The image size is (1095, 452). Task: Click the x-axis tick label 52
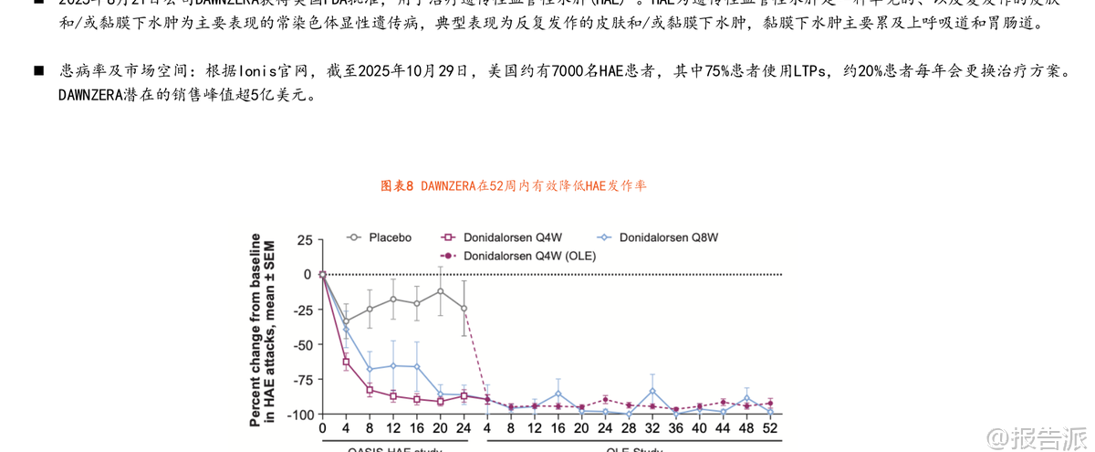tap(770, 428)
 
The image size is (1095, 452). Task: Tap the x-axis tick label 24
tap(464, 428)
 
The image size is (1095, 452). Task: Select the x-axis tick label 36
tap(675, 428)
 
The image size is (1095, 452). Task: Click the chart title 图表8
tap(399, 186)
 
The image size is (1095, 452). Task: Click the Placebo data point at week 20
tap(440, 291)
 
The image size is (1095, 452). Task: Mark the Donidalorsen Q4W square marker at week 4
tap(346, 363)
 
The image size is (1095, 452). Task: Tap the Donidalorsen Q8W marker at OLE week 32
tap(652, 391)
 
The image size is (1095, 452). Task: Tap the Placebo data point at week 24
tap(464, 308)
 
